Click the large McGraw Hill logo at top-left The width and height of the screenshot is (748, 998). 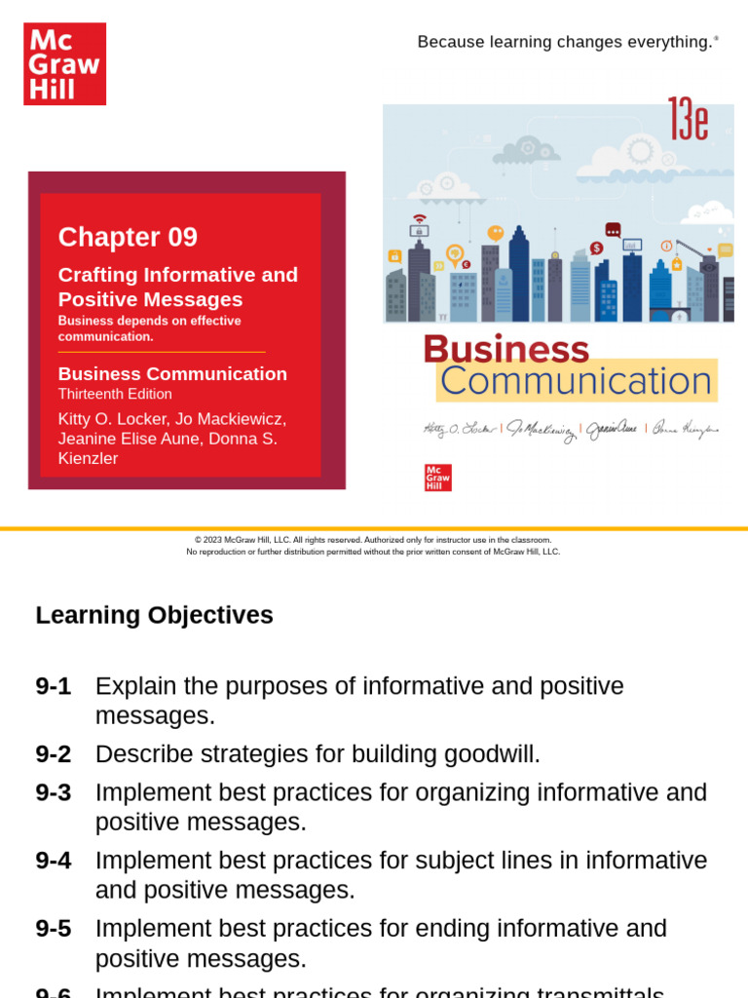point(64,64)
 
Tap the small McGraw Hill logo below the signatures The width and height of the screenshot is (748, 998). point(437,478)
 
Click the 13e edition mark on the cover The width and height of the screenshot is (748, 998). point(688,121)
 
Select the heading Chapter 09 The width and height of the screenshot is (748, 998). point(128,237)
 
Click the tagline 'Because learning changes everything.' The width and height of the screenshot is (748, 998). point(566,42)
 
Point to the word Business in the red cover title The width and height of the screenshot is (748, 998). point(506,350)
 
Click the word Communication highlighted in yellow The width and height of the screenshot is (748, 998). point(576,381)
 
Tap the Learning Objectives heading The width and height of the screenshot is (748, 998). point(154,615)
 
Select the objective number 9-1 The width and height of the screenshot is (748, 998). point(53,686)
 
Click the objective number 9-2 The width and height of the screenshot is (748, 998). point(53,754)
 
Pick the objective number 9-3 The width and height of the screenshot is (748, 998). point(53,792)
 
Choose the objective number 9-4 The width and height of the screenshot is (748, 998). point(53,861)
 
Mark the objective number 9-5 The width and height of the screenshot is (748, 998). point(53,929)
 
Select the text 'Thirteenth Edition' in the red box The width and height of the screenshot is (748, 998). point(115,394)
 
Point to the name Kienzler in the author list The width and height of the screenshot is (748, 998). point(88,458)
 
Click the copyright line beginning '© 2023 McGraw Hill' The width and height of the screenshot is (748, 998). point(373,540)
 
